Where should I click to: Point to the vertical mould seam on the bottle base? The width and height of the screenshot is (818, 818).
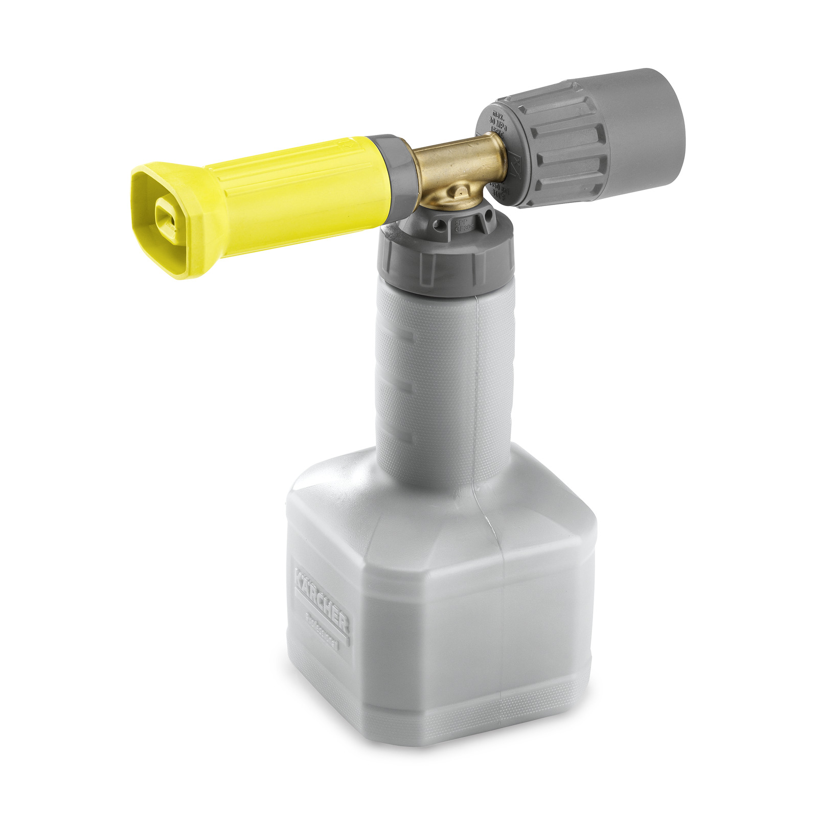coord(504,613)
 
